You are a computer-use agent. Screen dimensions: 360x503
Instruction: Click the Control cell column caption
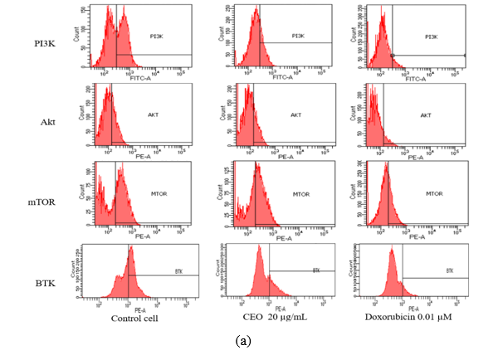pyautogui.click(x=133, y=319)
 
